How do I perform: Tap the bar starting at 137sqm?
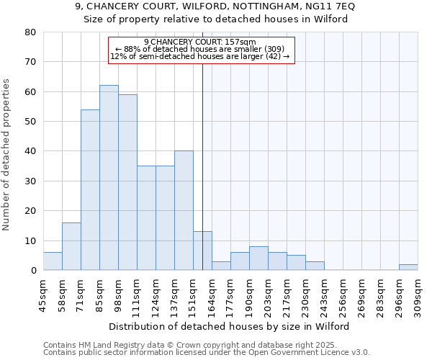coord(184,210)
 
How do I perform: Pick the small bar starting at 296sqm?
coord(408,267)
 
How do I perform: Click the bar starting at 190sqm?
coord(258,258)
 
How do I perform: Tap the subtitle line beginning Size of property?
coord(216,19)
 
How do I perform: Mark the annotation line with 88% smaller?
coord(201,49)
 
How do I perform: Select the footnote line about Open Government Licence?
coord(206,352)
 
